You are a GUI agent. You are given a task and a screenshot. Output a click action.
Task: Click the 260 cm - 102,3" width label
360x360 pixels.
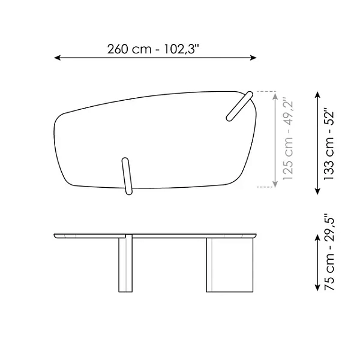[x=153, y=49]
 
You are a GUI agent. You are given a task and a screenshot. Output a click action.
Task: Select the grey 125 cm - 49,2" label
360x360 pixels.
[x=288, y=140]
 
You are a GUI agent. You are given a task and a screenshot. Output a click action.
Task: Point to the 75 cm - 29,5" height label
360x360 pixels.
[x=329, y=252]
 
